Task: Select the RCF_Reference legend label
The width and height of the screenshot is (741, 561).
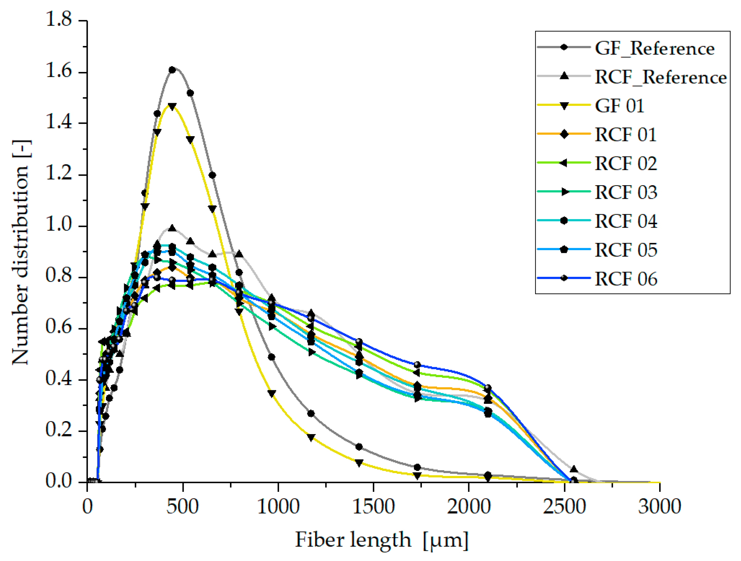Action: [660, 77]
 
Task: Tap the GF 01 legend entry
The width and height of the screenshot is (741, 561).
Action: [619, 106]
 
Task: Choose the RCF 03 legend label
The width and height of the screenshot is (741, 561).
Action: [626, 192]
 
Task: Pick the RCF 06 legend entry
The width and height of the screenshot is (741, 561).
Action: [626, 279]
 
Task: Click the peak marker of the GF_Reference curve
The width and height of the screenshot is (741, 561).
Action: [172, 70]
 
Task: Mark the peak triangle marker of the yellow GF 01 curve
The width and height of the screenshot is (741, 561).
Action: [172, 107]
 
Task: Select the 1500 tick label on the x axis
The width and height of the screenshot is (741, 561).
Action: [373, 506]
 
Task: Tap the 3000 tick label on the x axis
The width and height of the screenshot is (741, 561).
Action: [660, 506]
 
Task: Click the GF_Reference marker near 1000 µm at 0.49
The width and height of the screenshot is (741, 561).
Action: [272, 357]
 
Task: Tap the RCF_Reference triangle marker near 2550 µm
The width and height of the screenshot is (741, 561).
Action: [574, 469]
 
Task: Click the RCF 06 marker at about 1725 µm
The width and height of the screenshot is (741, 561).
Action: [417, 365]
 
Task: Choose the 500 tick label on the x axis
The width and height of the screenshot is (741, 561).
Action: [183, 506]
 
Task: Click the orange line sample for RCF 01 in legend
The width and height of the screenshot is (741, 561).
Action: [549, 134]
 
